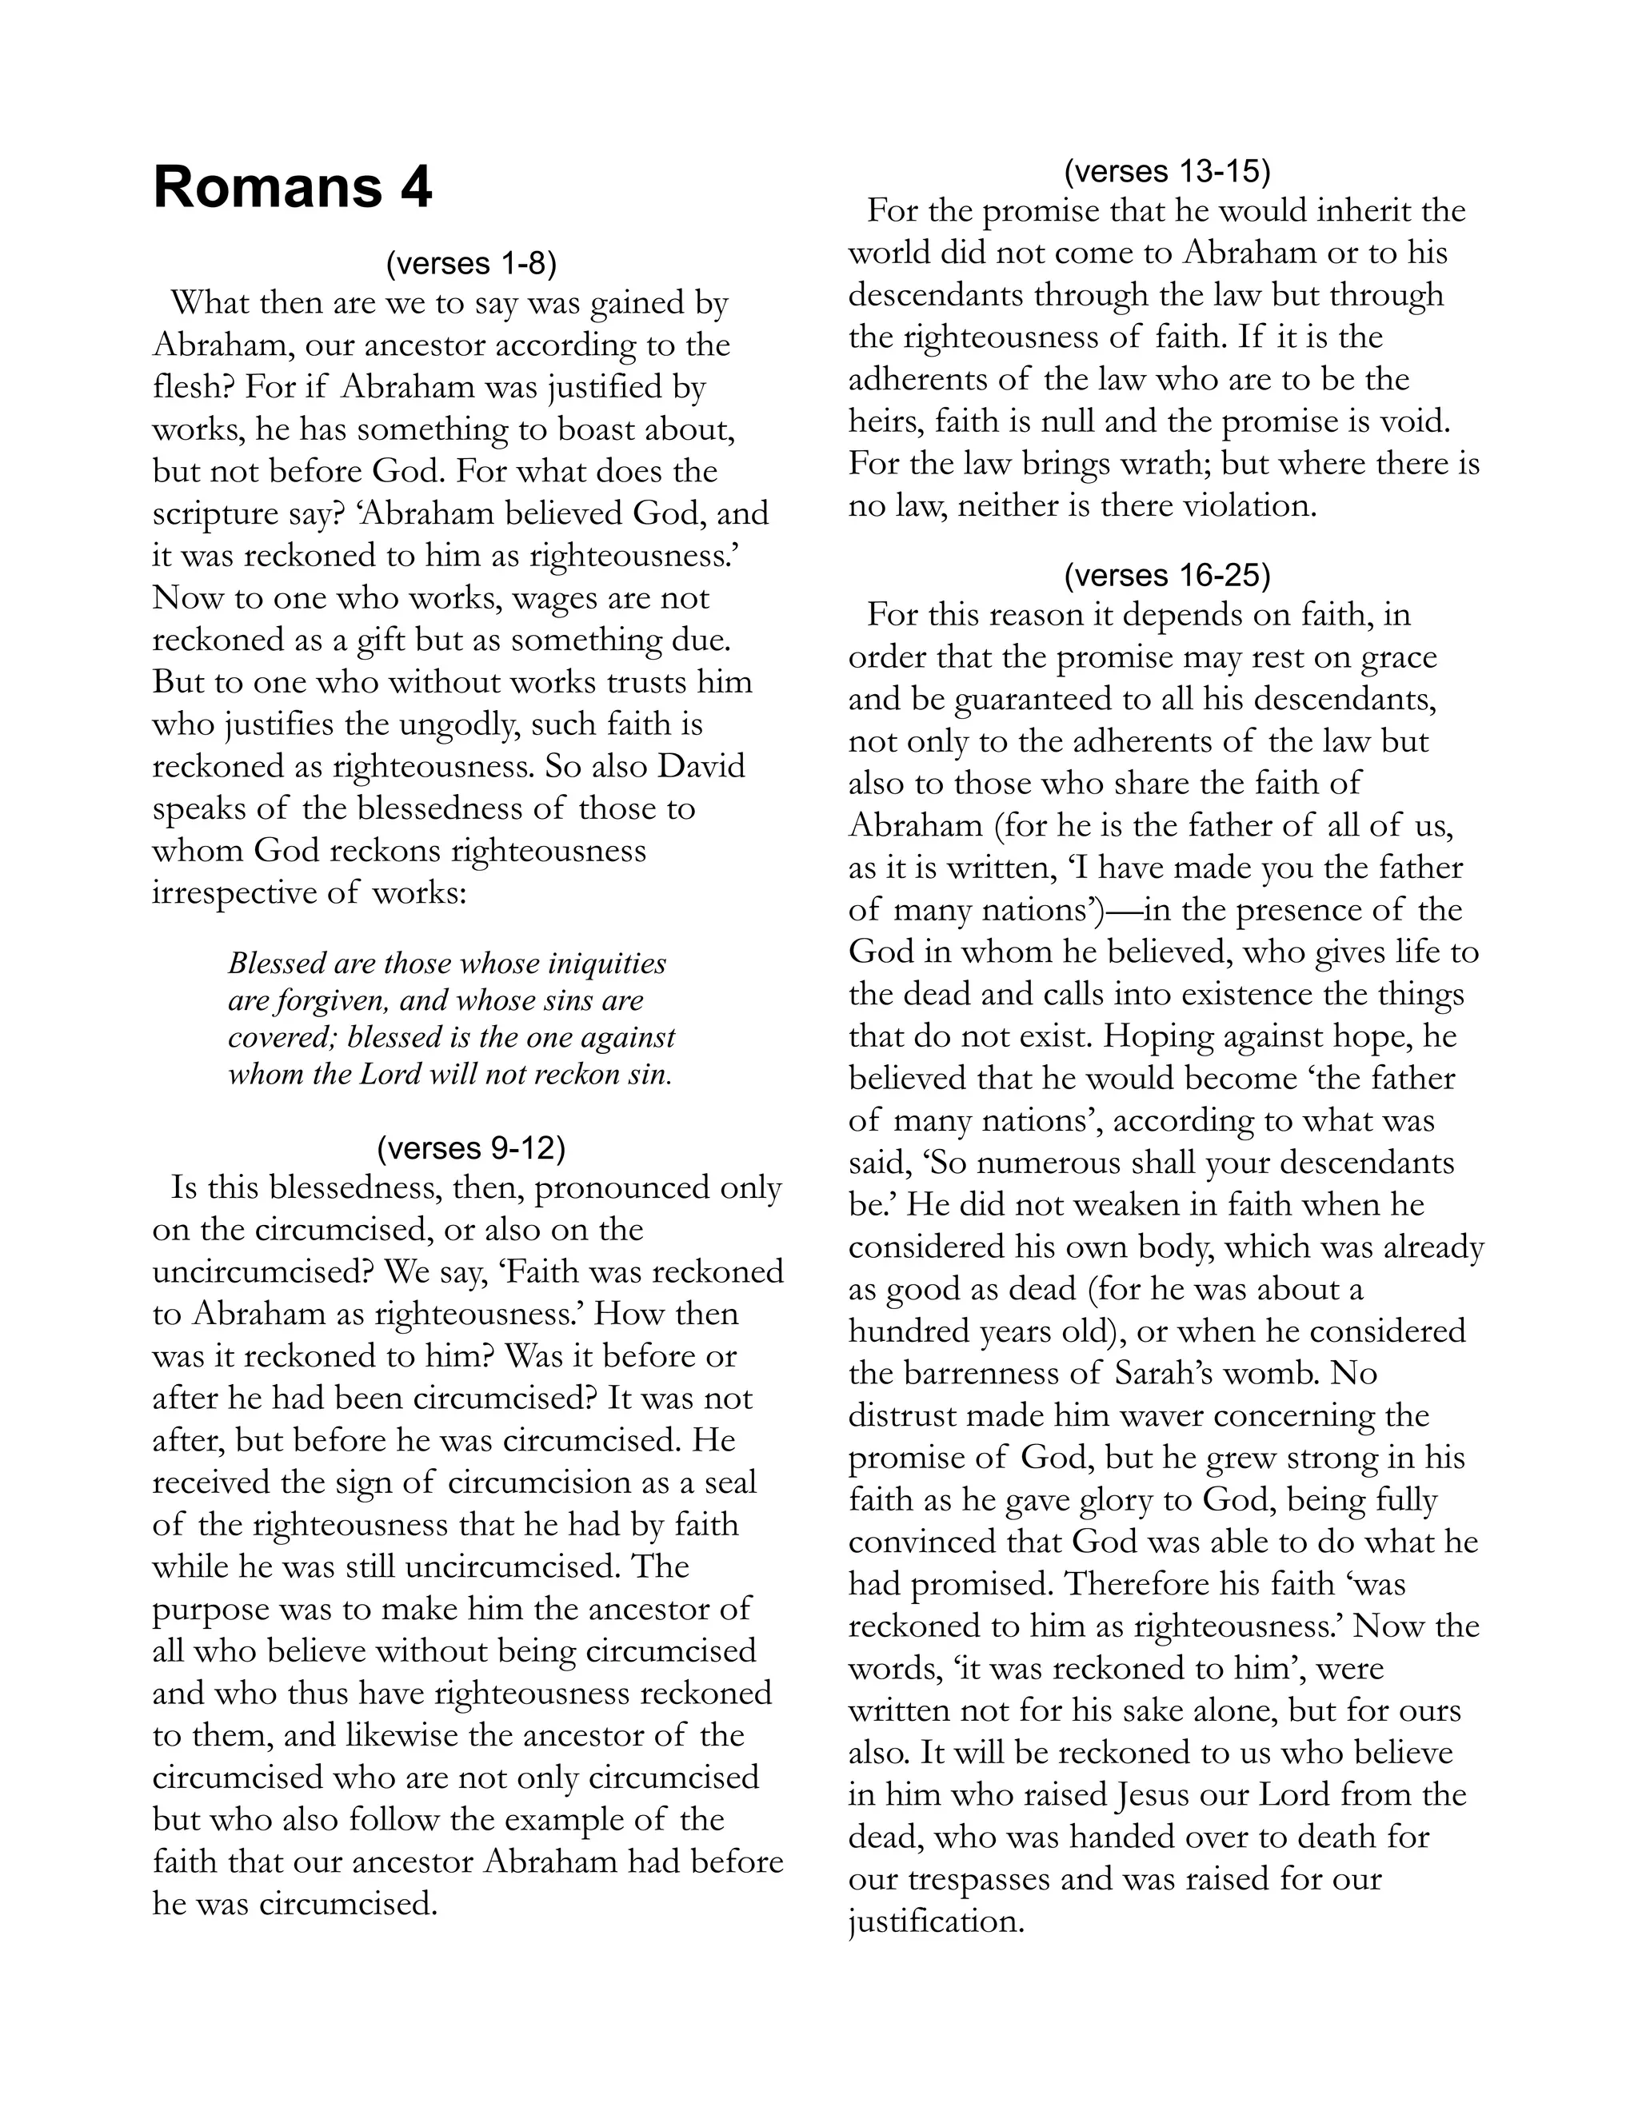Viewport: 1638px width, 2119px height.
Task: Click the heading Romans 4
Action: coord(292,187)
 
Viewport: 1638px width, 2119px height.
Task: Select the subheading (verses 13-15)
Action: coord(1166,172)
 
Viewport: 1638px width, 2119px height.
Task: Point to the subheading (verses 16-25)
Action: coord(1166,576)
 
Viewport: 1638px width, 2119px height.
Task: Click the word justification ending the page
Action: coord(936,1921)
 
